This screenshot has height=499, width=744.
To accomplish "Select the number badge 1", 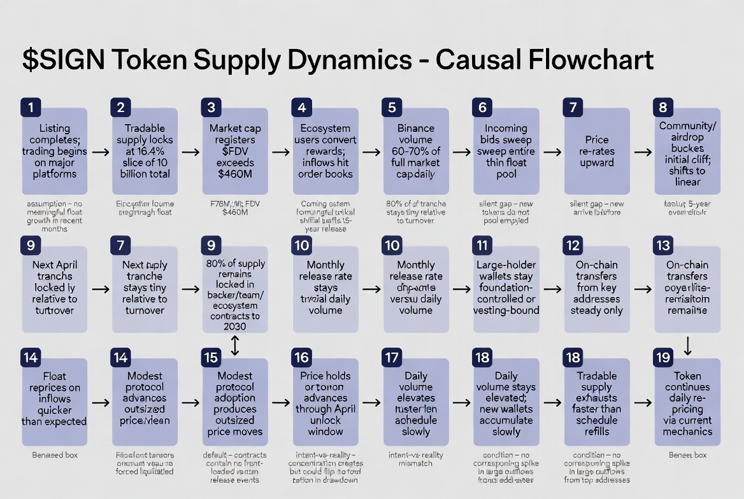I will [x=31, y=107].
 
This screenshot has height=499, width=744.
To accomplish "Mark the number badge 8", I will [x=663, y=107].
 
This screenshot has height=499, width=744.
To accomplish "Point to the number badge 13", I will [x=663, y=246].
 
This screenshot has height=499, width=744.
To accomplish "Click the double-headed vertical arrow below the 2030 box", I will [x=235, y=346].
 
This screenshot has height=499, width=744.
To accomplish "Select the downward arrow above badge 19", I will [x=688, y=346].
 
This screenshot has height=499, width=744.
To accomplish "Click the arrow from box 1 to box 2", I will [x=99, y=152].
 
